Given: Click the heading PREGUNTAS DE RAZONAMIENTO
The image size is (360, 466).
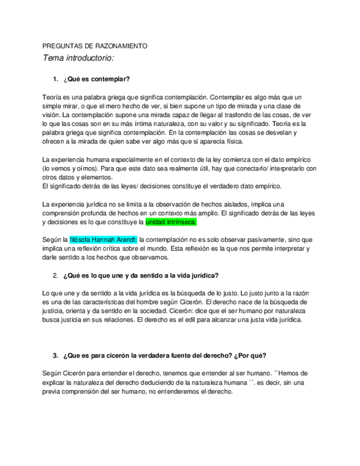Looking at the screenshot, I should [x=95, y=46].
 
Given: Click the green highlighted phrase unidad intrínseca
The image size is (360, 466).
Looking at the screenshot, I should [x=171, y=222].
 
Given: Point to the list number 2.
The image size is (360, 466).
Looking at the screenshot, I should [x=56, y=275].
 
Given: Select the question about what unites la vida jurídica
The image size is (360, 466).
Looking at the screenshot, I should [x=141, y=275].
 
